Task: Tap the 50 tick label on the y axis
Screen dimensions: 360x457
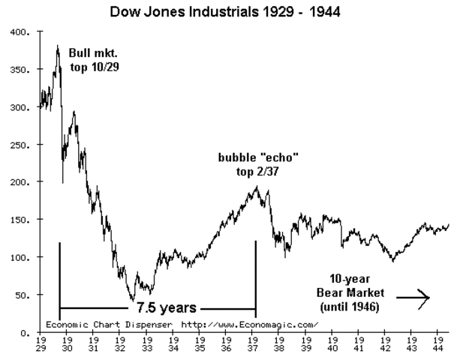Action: point(20,295)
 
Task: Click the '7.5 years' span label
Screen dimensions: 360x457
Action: point(167,307)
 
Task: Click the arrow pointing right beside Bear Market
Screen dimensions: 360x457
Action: point(413,298)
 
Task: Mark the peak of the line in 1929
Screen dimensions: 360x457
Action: point(58,46)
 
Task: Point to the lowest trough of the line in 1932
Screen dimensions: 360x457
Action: point(133,300)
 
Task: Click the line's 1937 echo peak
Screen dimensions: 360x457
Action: point(256,185)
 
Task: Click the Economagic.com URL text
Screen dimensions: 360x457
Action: point(250,324)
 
